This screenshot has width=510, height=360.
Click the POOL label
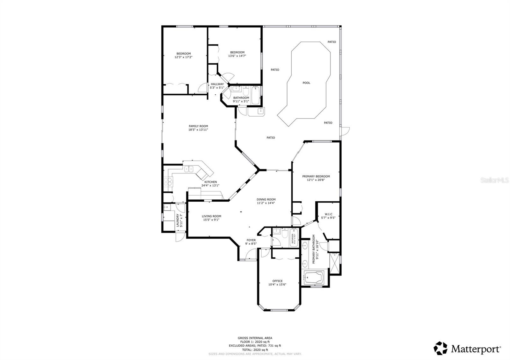coord(306,83)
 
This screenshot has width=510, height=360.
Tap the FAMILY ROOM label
coord(198,126)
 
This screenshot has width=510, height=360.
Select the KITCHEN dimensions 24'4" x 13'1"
coord(210,185)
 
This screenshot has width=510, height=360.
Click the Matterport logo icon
coord(441,348)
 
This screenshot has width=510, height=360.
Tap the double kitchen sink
coord(188,169)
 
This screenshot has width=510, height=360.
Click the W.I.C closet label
coord(329,214)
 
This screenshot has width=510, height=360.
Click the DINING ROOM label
coord(266,199)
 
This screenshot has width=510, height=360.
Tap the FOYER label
coord(251,240)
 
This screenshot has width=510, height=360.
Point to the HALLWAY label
coord(217,84)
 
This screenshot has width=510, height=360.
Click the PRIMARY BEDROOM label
coord(316,176)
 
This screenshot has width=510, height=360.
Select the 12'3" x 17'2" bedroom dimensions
coord(183,57)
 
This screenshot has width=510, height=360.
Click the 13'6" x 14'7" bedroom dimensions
coord(237,56)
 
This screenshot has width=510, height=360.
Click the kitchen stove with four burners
coord(168,181)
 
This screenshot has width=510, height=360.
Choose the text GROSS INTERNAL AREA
coord(255,338)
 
